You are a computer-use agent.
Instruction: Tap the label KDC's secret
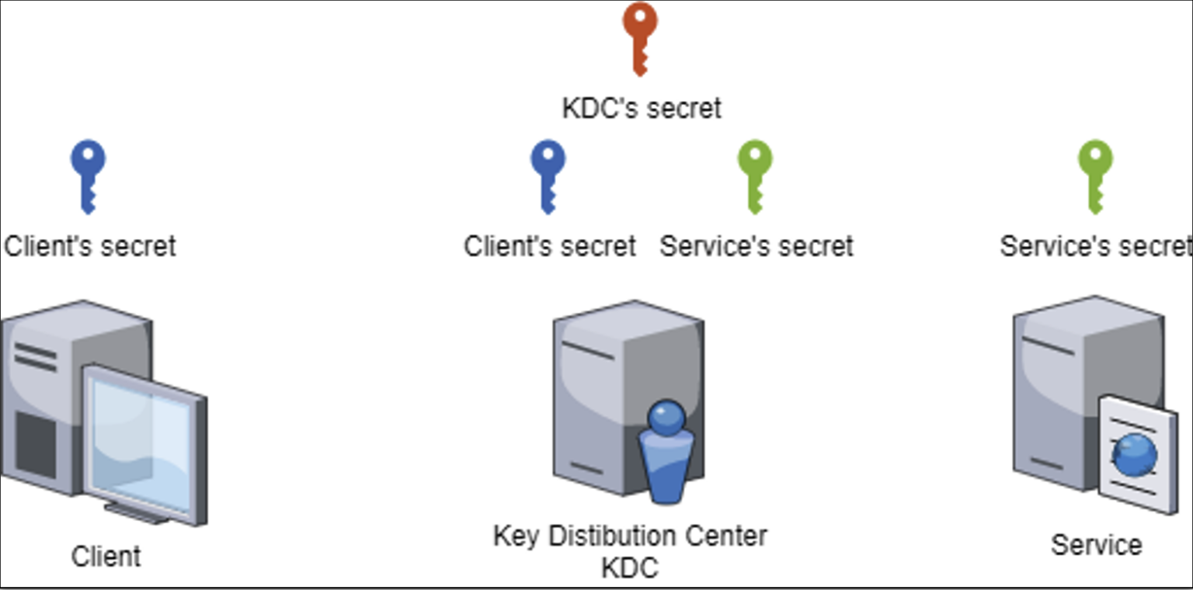pyautogui.click(x=642, y=108)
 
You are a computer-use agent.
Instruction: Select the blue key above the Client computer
pyautogui.click(x=88, y=175)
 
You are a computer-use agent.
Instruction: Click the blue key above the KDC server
pyautogui.click(x=548, y=175)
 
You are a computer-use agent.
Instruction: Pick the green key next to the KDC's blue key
pyautogui.click(x=755, y=175)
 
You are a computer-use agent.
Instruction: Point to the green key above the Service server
pyautogui.click(x=1095, y=175)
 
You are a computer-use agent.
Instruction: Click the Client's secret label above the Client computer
pyautogui.click(x=90, y=246)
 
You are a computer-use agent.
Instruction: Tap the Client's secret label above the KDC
pyautogui.click(x=550, y=246)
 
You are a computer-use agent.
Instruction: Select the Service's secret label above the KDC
pyautogui.click(x=756, y=246)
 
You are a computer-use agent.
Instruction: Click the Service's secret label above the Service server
pyautogui.click(x=1095, y=246)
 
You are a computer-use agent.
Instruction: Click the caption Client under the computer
pyautogui.click(x=106, y=556)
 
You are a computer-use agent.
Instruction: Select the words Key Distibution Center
pyautogui.click(x=630, y=536)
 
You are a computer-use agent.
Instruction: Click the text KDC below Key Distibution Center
pyautogui.click(x=630, y=567)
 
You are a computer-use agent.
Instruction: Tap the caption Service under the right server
pyautogui.click(x=1096, y=544)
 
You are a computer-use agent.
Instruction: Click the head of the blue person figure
pyautogui.click(x=666, y=417)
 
